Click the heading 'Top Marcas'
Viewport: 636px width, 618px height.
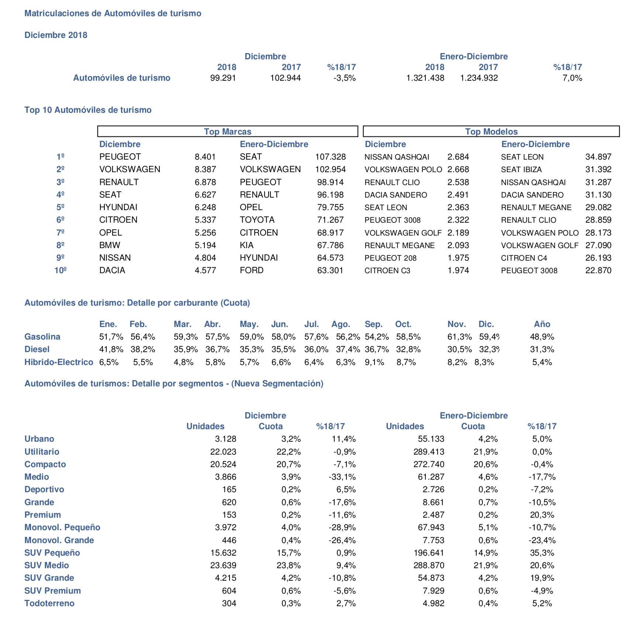click(x=228, y=132)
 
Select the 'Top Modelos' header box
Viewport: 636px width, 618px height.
click(x=491, y=132)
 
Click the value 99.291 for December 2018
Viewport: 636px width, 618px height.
click(x=223, y=78)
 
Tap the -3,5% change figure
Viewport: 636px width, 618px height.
click(x=345, y=78)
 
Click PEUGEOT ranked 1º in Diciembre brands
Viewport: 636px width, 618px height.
click(x=120, y=157)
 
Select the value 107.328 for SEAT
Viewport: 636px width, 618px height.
click(x=330, y=157)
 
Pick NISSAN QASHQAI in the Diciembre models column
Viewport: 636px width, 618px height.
click(x=397, y=157)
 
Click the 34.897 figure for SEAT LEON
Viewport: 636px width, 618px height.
click(x=598, y=157)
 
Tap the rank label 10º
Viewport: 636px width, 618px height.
click(x=61, y=270)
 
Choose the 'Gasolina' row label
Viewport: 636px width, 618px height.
click(x=42, y=337)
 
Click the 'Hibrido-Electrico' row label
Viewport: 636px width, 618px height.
click(x=59, y=362)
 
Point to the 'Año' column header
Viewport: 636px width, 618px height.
click(x=542, y=324)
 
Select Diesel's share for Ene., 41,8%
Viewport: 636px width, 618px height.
click(x=111, y=349)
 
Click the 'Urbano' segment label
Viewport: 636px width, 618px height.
click(x=39, y=439)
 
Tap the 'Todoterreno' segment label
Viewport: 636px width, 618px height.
click(x=49, y=603)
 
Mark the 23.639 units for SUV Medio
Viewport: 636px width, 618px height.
click(x=223, y=565)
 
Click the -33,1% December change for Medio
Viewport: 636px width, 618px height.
click(x=342, y=477)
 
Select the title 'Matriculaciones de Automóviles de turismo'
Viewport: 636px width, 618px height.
click(x=113, y=13)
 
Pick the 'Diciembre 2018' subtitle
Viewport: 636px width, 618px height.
click(x=56, y=35)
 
